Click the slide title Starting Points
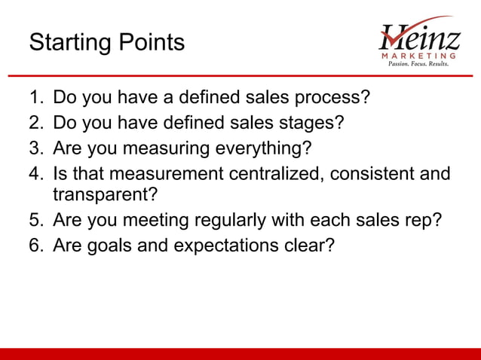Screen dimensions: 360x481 [x=106, y=43]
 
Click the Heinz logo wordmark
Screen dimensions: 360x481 [x=418, y=35]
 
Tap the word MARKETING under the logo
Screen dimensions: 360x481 [x=419, y=56]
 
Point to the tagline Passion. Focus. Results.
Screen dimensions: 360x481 [x=418, y=65]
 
